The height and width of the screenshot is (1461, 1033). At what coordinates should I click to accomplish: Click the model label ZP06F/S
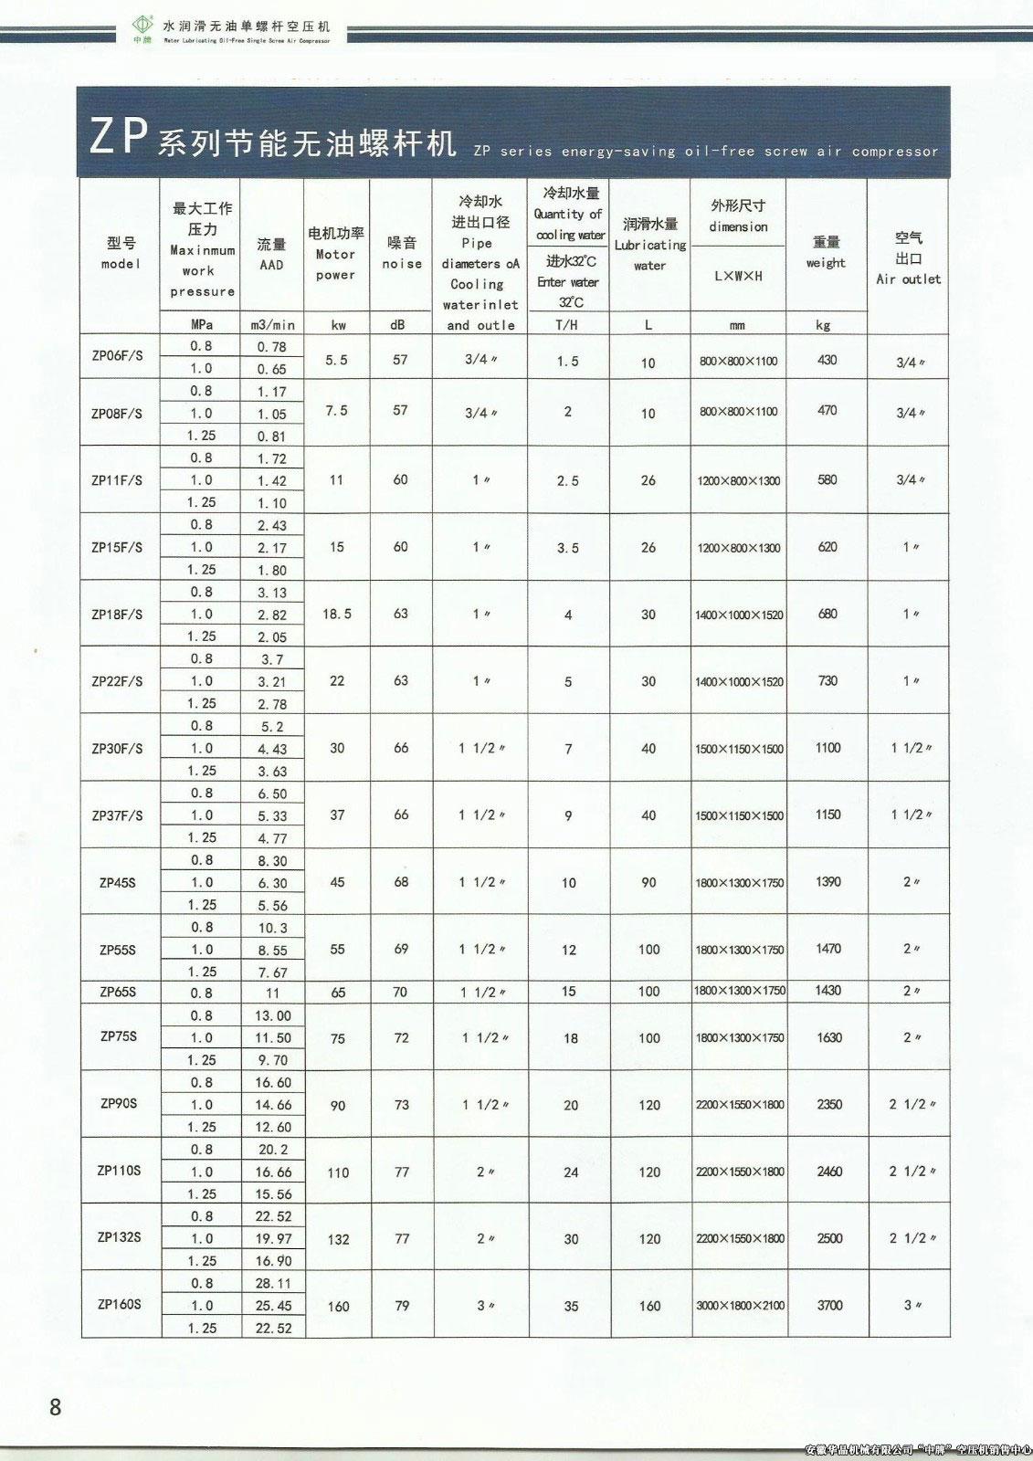(118, 357)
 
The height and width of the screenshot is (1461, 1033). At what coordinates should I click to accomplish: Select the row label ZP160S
(119, 1304)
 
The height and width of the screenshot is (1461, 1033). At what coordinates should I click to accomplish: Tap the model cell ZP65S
(118, 992)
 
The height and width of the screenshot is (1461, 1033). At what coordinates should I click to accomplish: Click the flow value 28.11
(273, 1283)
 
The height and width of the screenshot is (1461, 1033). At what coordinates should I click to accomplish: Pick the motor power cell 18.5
(336, 614)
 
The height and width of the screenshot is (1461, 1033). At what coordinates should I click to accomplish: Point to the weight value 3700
(829, 1305)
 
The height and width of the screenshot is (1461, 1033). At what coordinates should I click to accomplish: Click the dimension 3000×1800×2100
(740, 1306)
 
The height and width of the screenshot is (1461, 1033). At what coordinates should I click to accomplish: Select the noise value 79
(402, 1306)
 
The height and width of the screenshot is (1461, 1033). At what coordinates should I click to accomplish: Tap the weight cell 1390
(827, 882)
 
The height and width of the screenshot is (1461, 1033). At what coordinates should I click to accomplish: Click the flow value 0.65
(272, 369)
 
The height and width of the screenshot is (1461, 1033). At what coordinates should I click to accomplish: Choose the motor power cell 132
(338, 1239)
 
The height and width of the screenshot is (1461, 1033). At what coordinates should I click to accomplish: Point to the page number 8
(56, 1406)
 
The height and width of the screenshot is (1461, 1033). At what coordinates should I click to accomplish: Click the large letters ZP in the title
(119, 136)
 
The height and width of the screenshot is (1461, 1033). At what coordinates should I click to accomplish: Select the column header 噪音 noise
(402, 253)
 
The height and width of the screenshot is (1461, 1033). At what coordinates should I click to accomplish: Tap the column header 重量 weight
(826, 253)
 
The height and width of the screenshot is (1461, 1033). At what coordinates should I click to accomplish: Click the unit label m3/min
(272, 325)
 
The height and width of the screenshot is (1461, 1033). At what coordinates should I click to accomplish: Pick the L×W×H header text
(738, 276)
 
